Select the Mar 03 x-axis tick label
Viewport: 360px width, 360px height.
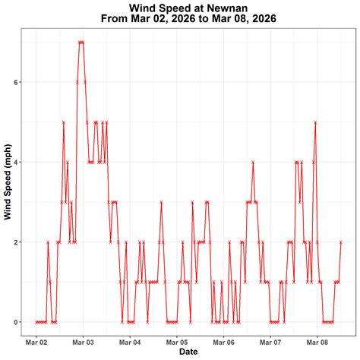(x=84, y=342)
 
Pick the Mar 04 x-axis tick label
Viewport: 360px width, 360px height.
(x=130, y=342)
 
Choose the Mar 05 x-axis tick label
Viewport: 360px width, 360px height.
(x=177, y=342)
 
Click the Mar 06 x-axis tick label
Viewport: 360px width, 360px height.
(x=224, y=342)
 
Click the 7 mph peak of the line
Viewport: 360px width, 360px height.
(x=81, y=42)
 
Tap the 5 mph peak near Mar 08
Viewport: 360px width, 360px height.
(x=315, y=122)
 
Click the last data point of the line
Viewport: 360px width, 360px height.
(x=341, y=242)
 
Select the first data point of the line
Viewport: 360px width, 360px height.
(x=36, y=322)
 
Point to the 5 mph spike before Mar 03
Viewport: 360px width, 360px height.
(x=64, y=122)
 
